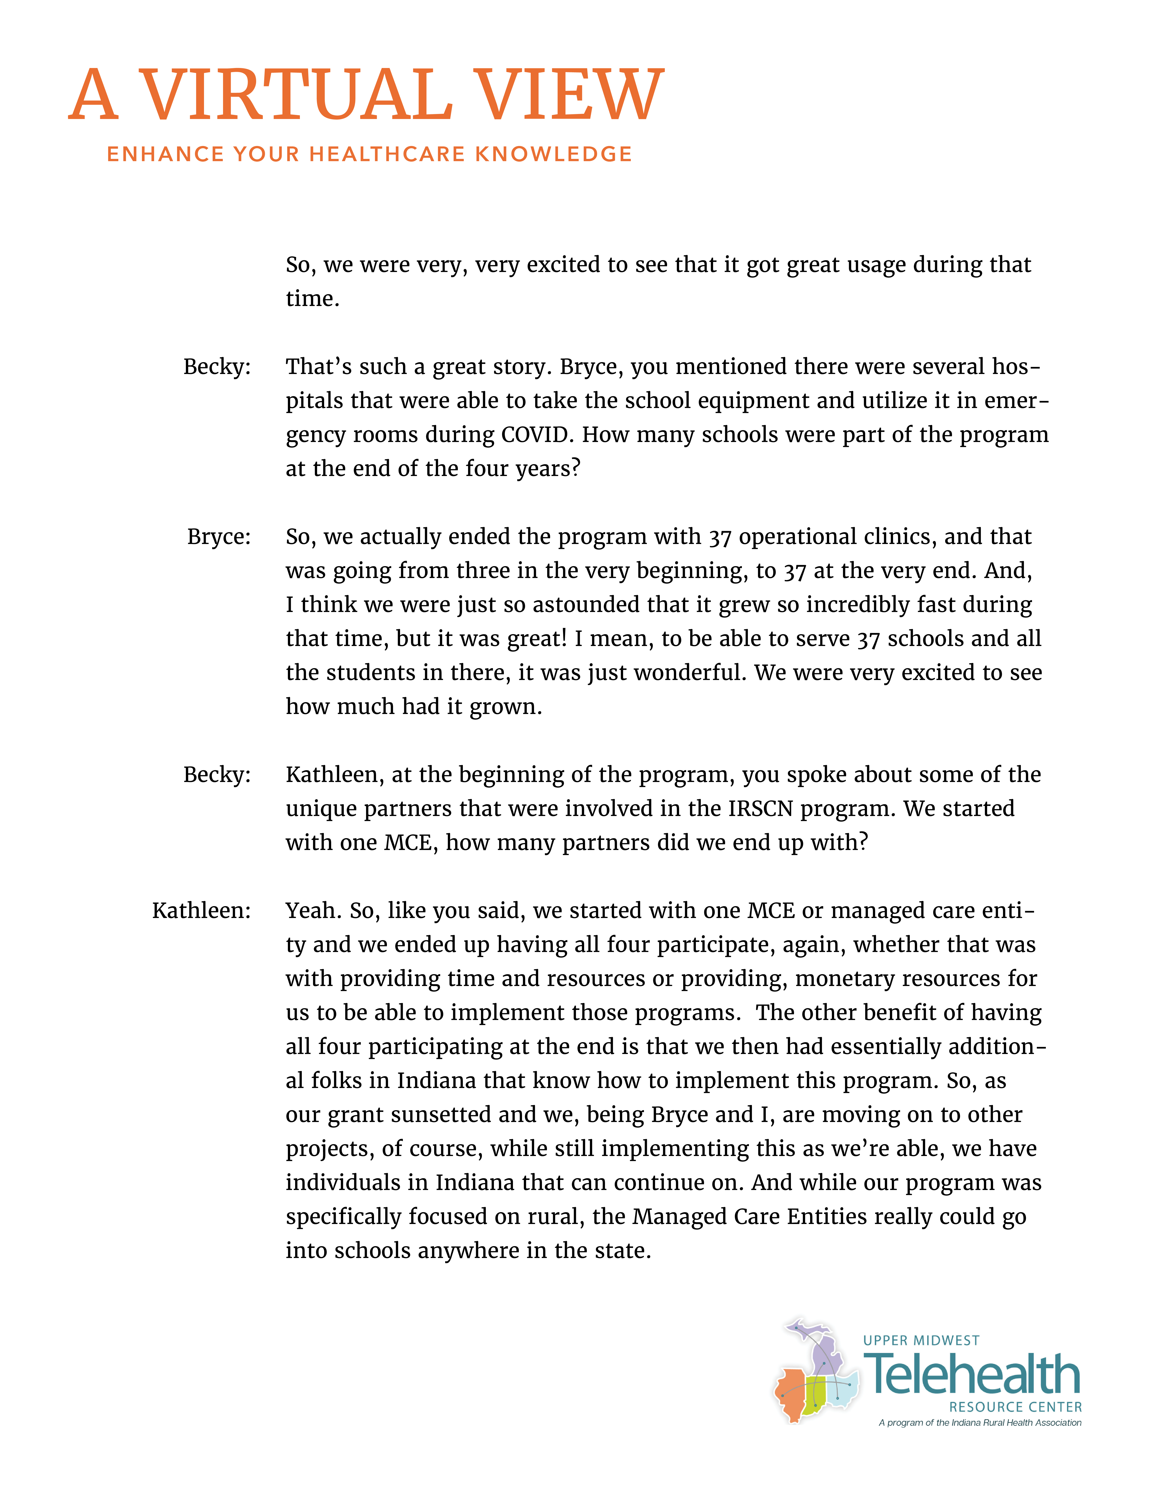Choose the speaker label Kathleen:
coord(201,910)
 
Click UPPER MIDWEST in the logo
coord(921,1341)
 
